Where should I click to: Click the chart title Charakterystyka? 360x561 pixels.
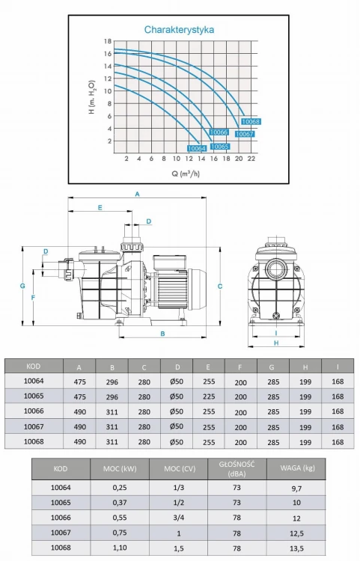[x=180, y=30]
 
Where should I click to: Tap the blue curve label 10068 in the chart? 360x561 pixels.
[x=251, y=121]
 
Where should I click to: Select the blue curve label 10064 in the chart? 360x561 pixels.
[x=196, y=149]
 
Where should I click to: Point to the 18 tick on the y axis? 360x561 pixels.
[x=108, y=41]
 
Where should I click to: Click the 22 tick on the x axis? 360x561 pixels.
[x=251, y=159]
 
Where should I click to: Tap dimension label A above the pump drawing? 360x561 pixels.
[x=137, y=194]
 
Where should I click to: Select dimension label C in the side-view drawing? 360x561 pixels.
[x=221, y=286]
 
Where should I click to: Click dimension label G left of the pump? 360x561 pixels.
[x=23, y=286]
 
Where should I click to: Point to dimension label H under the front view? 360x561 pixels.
[x=275, y=343]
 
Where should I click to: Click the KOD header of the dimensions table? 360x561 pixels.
[x=33, y=366]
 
